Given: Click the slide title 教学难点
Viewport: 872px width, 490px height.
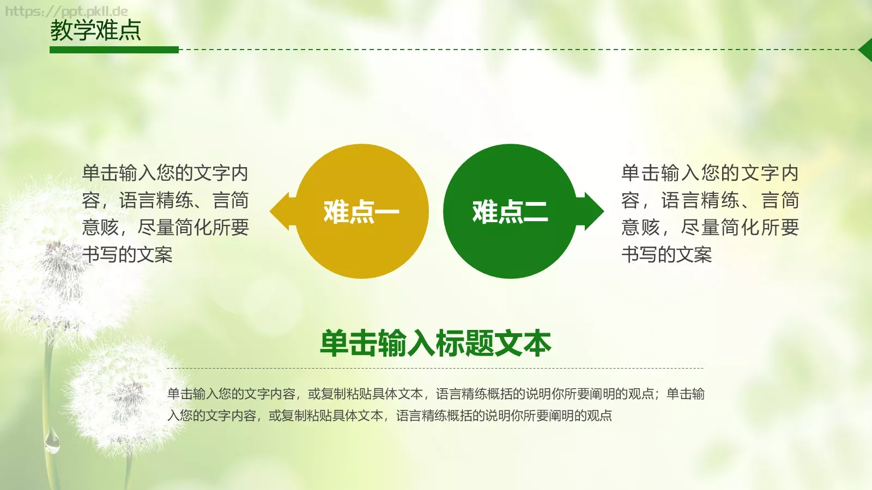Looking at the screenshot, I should click(x=95, y=30).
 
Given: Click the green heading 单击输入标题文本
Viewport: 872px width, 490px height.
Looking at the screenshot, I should click(x=435, y=344).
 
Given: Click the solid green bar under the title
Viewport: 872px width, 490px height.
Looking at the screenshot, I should click(x=114, y=50).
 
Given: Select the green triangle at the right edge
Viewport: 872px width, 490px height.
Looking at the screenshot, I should click(x=866, y=50).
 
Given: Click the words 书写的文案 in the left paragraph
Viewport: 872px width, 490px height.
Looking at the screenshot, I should click(x=128, y=254).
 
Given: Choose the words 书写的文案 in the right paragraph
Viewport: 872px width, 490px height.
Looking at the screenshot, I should click(x=667, y=254).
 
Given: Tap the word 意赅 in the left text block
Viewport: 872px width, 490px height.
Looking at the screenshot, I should click(x=100, y=227).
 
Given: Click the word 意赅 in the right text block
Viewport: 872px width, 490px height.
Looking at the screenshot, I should click(x=640, y=227).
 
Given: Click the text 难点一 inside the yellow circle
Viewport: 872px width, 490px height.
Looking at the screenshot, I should click(x=361, y=212).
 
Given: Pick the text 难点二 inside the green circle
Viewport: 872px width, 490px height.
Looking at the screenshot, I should click(x=510, y=212).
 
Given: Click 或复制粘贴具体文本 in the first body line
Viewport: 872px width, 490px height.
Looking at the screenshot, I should click(x=365, y=394).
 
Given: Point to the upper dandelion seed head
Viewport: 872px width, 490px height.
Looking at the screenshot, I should click(x=55, y=261).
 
